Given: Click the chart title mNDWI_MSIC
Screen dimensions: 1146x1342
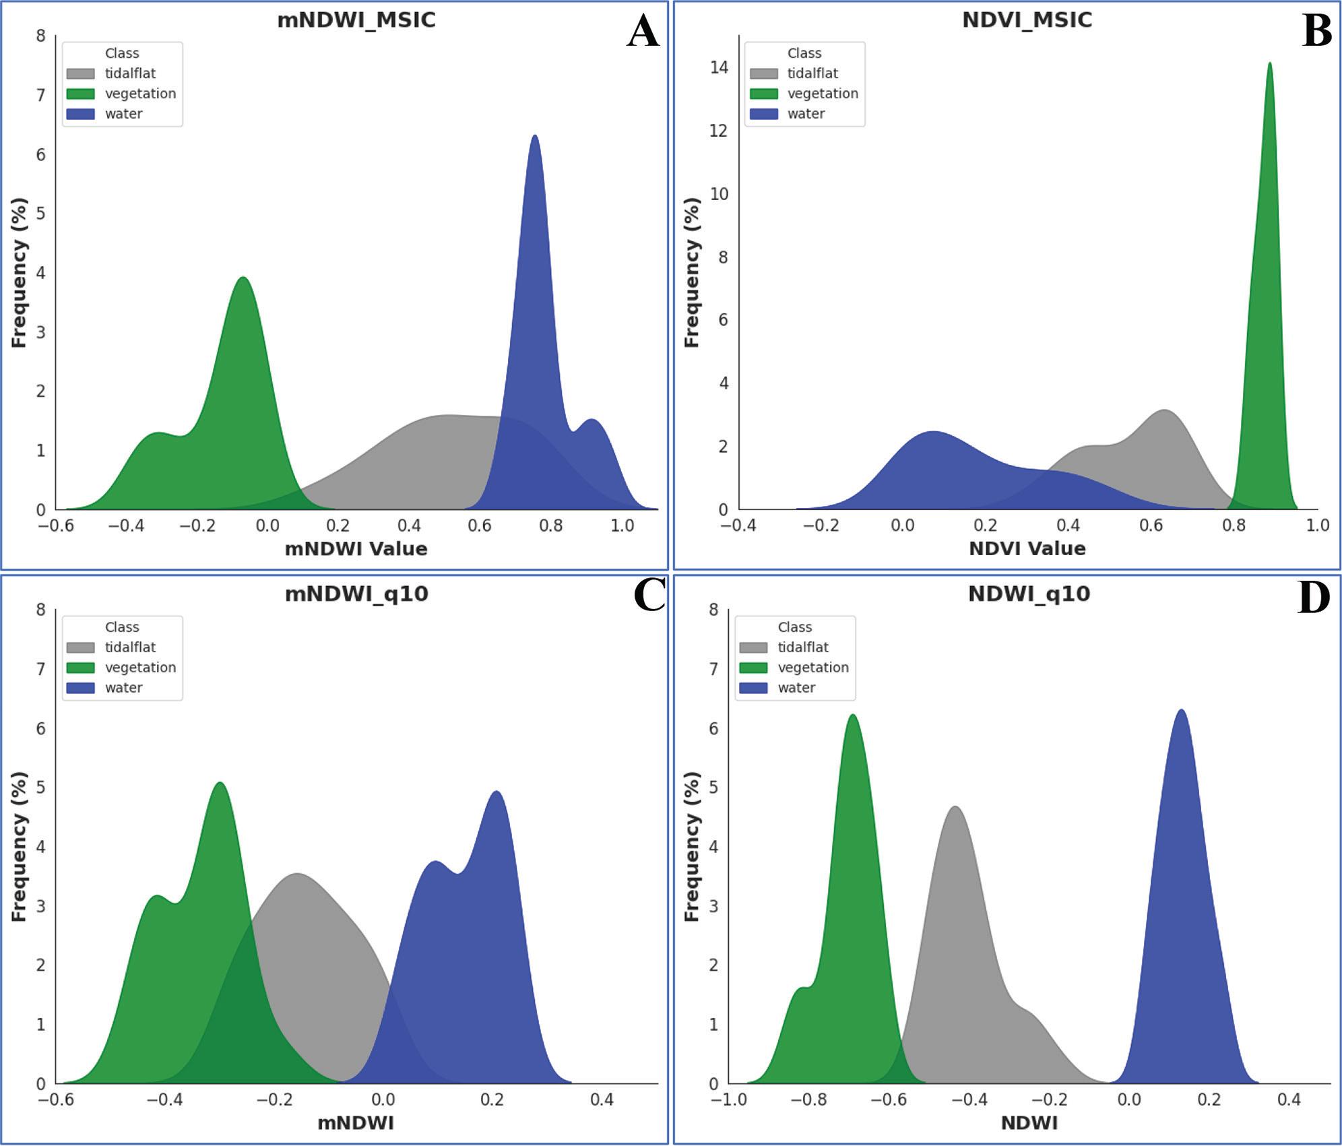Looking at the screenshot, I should pos(356,20).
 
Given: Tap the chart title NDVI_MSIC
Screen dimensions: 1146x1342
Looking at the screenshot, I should pos(1027,20).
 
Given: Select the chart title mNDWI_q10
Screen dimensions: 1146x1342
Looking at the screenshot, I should pos(356,594).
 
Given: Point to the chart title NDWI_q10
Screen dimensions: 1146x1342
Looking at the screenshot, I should pos(1029,594).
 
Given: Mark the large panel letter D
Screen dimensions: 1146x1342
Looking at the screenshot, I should pos(1313,598).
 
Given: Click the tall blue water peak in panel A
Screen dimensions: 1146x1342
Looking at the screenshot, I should pos(535,137).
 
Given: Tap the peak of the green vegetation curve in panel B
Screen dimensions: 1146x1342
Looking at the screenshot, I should pos(1269,65).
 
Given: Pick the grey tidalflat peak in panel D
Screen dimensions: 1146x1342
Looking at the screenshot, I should pos(955,808).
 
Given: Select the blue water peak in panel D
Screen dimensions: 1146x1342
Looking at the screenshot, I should pos(1180,711).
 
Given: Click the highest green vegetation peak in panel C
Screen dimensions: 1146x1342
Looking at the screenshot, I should pos(220,784).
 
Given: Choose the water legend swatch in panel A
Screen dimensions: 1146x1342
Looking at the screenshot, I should pos(80,114).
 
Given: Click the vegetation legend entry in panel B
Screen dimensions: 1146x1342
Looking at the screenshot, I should pos(823,94).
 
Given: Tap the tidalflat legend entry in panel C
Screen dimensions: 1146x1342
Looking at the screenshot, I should pos(129,647).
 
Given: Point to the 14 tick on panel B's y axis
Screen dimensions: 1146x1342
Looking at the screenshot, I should pos(720,67).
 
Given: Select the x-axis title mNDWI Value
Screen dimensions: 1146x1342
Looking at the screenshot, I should pos(356,549).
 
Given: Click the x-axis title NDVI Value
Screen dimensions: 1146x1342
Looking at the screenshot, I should pos(1027,549).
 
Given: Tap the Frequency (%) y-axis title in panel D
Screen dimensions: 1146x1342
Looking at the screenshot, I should pos(692,846).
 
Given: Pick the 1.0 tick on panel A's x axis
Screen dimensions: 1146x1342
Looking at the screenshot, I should pos(622,526).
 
